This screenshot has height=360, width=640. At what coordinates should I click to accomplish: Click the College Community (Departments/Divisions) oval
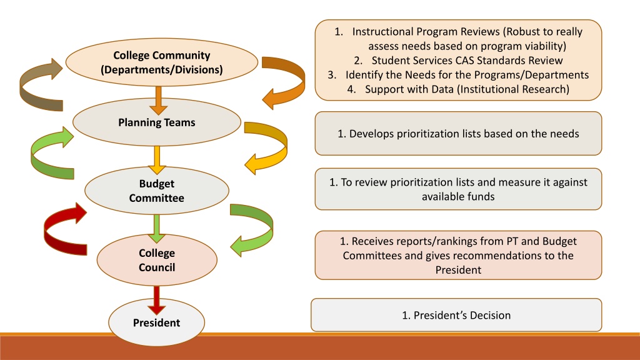(x=161, y=62)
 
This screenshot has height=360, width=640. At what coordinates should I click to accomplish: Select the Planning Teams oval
(x=156, y=122)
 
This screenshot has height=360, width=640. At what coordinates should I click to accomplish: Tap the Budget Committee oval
(x=156, y=191)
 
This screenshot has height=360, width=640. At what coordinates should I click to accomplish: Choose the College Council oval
(x=156, y=260)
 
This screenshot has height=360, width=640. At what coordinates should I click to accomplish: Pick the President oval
(x=156, y=322)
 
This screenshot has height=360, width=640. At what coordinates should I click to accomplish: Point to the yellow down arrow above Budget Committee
(x=156, y=159)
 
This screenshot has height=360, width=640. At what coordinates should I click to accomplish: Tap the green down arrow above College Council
(x=156, y=227)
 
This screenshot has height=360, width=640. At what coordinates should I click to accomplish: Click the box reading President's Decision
(x=456, y=315)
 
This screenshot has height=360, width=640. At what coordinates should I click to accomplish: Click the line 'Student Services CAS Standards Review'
(x=467, y=61)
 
